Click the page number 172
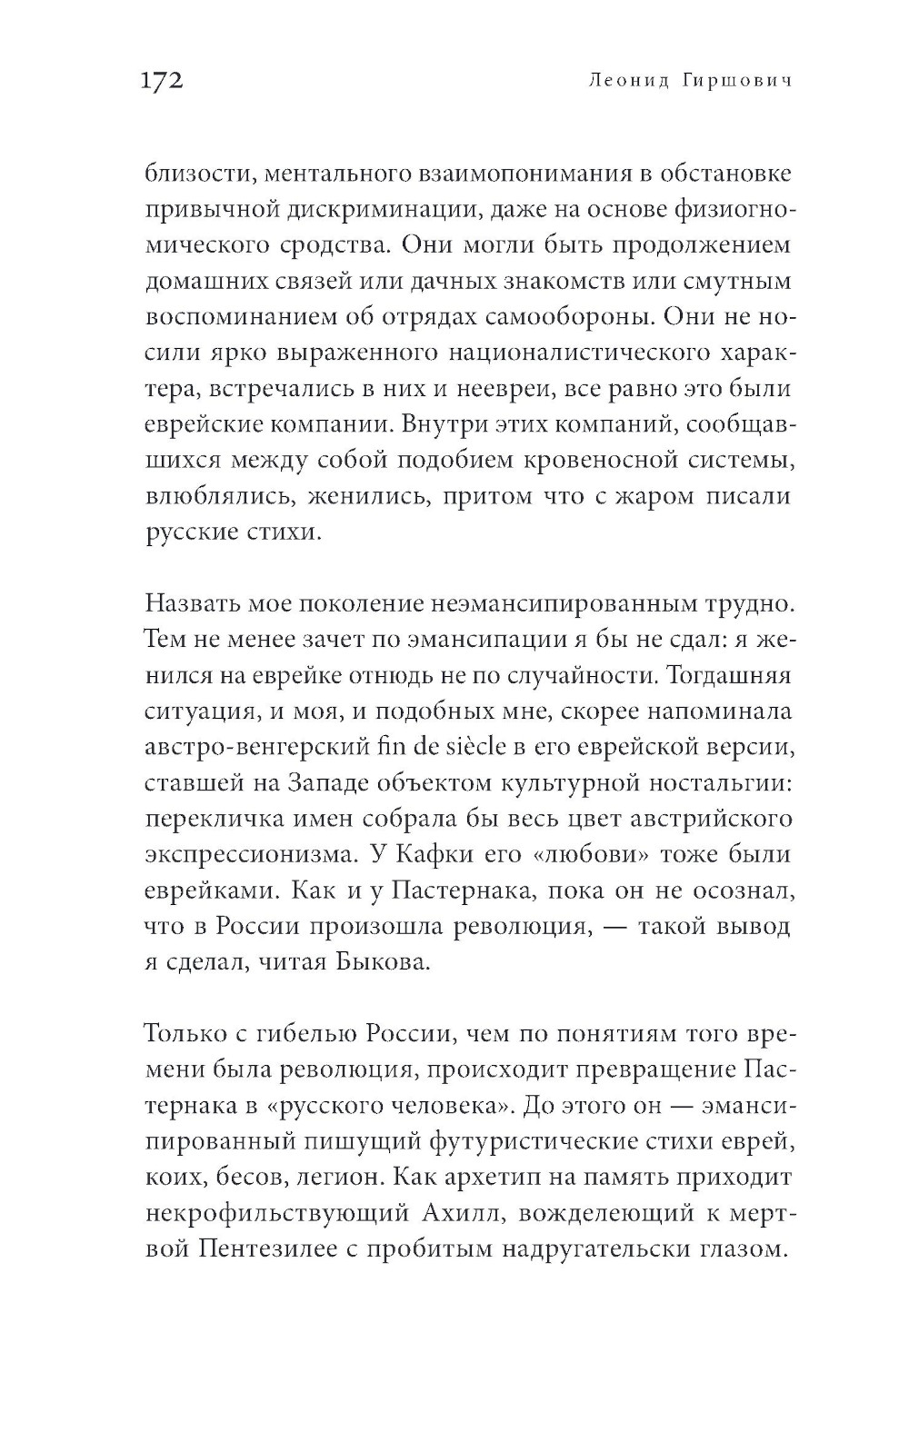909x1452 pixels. click(x=164, y=81)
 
